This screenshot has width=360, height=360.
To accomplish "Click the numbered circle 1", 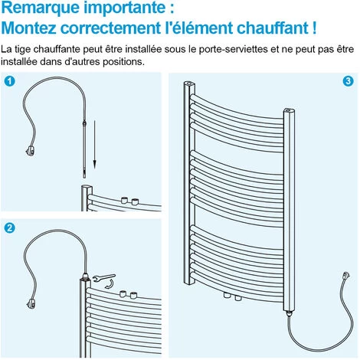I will pos(10,80).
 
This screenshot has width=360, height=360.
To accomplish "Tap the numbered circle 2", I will pos(10,228).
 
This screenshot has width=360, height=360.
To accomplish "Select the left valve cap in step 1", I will pos(123,200).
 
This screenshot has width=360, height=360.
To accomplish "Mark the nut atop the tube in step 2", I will pos(84,273).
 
